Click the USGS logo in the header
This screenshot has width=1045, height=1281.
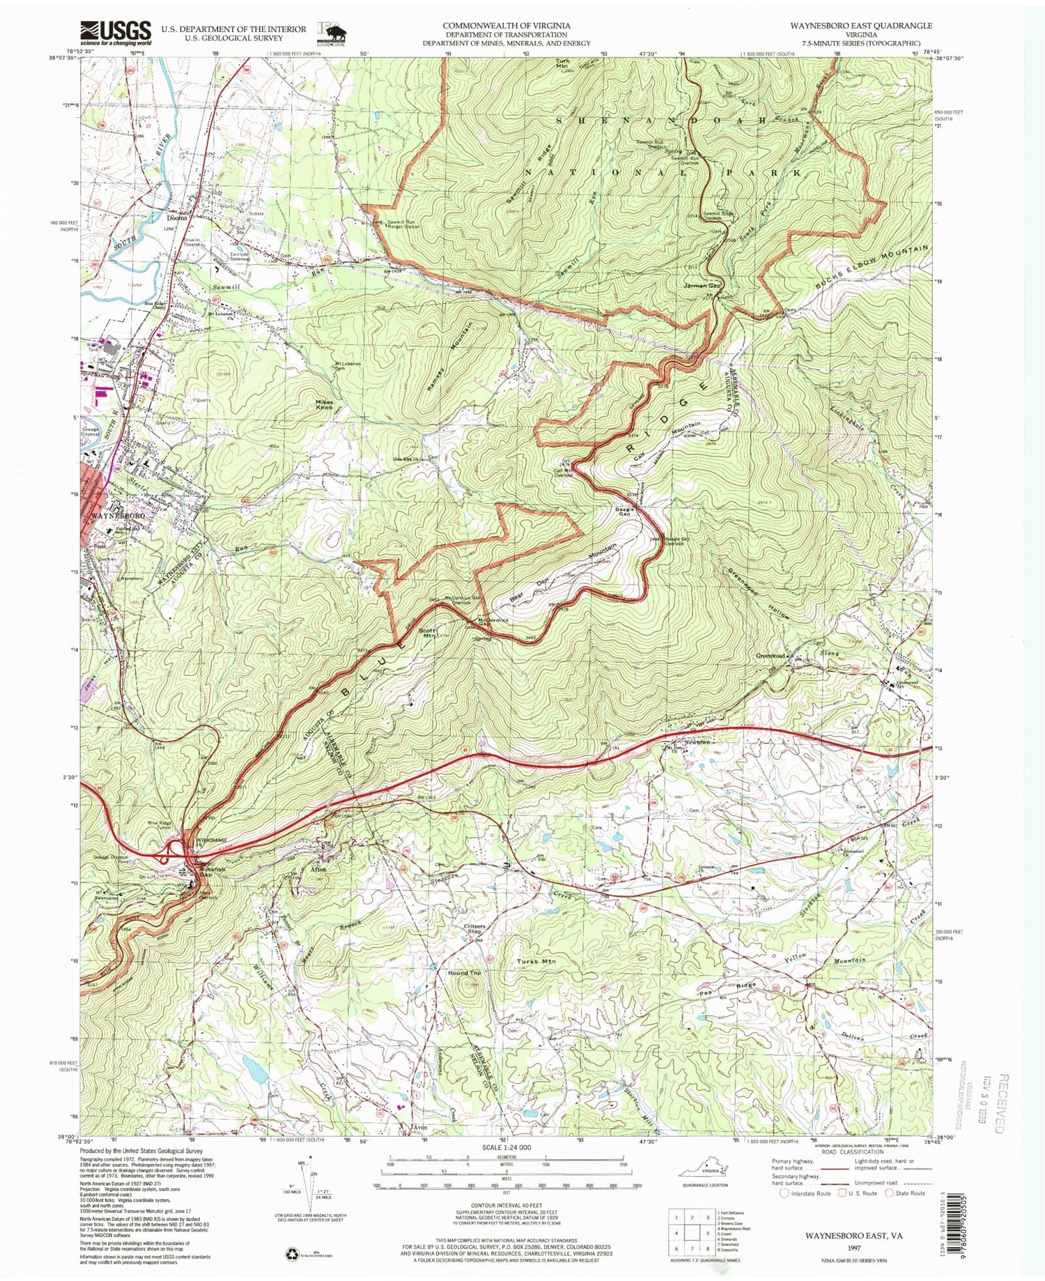pos(116,32)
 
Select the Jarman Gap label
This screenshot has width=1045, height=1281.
pos(702,286)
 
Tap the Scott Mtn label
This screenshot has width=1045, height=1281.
pos(426,633)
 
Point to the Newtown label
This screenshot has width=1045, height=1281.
pos(697,742)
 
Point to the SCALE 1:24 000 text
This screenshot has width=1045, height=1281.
pos(501,1147)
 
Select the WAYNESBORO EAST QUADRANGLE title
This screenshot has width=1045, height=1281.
pos(851,25)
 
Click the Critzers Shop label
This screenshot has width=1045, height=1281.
pos(474,930)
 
